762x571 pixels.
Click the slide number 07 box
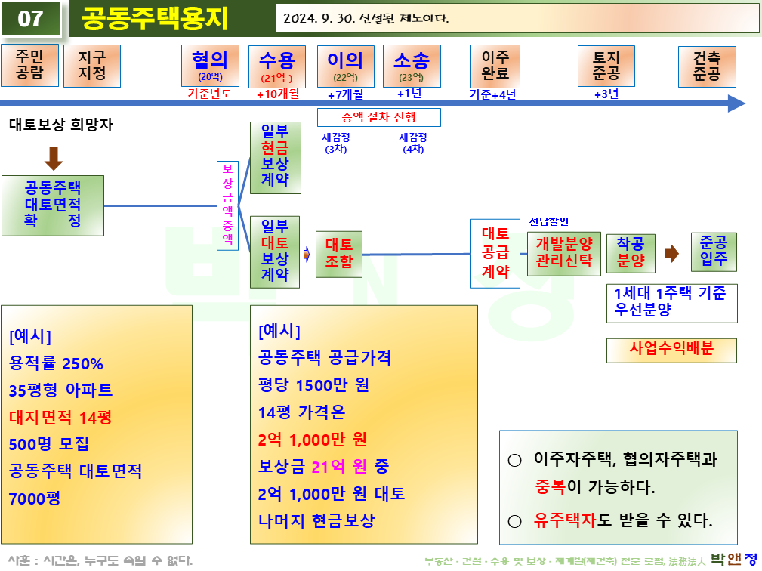coord(30,18)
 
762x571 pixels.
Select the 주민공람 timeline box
coord(29,66)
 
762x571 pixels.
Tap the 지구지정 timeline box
coord(92,66)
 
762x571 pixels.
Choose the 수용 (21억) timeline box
coord(276,66)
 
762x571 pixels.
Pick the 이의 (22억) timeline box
coord(345,66)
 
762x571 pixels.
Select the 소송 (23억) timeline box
coord(412,66)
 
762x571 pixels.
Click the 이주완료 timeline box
coord(495,66)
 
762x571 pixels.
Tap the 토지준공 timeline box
coord(606,66)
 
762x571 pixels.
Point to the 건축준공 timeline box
coord(707,66)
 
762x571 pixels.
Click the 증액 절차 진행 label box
coord(378,117)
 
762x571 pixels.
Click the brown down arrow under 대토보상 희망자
coord(54,159)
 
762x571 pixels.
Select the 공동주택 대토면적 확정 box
coord(53,204)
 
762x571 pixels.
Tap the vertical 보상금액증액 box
coord(227,205)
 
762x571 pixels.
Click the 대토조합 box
coord(339,254)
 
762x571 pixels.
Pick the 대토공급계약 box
coord(495,253)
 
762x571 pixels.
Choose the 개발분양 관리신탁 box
coord(563,254)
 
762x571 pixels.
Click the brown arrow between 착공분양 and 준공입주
coord(671,254)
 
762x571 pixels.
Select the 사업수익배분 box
coord(671,350)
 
